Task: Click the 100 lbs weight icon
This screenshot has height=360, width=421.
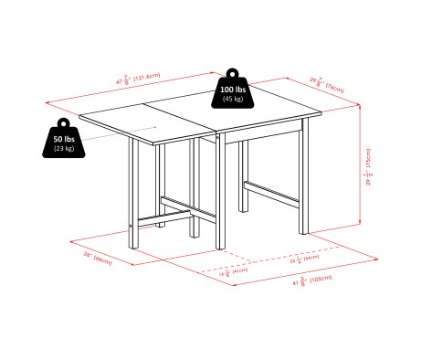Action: [x=232, y=93]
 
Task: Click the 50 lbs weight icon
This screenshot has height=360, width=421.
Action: [x=63, y=142]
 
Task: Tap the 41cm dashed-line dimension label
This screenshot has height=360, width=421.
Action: [x=236, y=270]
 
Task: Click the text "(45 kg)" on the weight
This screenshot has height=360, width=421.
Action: [x=232, y=100]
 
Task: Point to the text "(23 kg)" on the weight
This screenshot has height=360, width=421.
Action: [x=63, y=148]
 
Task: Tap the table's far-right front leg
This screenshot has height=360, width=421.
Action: [x=298, y=183]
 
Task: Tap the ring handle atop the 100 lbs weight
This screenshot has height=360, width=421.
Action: [x=232, y=71]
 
